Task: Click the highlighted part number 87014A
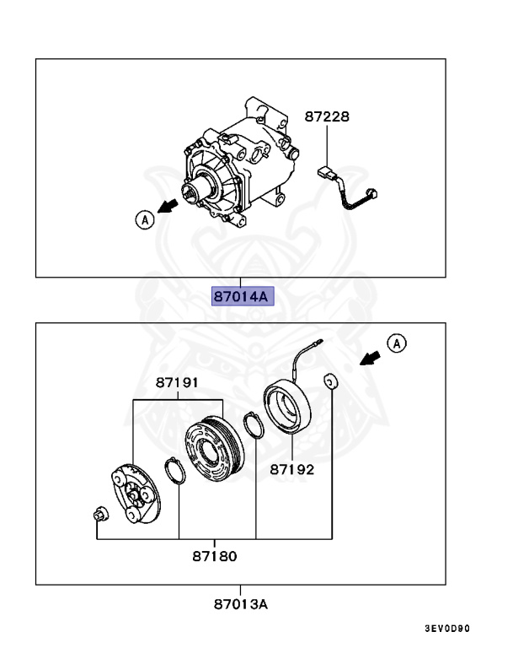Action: click(x=240, y=297)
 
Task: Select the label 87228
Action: click(x=328, y=117)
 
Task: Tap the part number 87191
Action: click(x=177, y=383)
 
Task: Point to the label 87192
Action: click(x=292, y=469)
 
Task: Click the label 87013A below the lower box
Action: click(x=240, y=604)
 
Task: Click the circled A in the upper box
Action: click(x=143, y=219)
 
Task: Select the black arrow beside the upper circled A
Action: click(x=172, y=207)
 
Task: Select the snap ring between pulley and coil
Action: click(x=253, y=425)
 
